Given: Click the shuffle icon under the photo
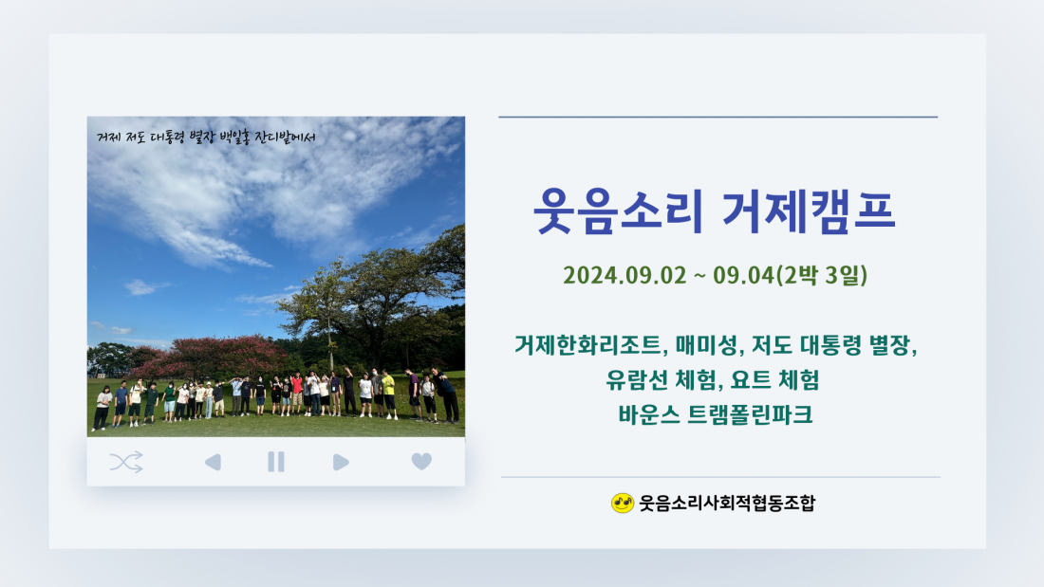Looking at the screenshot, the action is [126, 462].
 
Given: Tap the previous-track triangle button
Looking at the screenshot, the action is [213, 462].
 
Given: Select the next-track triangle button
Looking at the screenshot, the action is [341, 462].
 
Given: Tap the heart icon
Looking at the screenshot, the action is [421, 461].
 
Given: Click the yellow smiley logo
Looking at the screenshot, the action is [622, 504].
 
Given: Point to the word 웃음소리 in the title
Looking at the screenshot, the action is [618, 211].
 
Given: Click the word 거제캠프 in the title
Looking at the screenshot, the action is [809, 211].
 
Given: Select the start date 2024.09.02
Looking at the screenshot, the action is [625, 276].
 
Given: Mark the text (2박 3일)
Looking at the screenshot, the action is [822, 275].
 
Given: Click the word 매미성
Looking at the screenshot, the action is [708, 345].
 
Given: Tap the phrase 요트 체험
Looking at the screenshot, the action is [775, 380].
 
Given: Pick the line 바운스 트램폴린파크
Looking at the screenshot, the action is [715, 414].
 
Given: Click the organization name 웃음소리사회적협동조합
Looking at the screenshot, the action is [727, 504].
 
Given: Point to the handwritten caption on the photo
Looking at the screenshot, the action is [206, 138].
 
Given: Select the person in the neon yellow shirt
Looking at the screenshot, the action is [389, 394].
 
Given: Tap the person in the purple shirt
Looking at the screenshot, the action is [414, 394].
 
